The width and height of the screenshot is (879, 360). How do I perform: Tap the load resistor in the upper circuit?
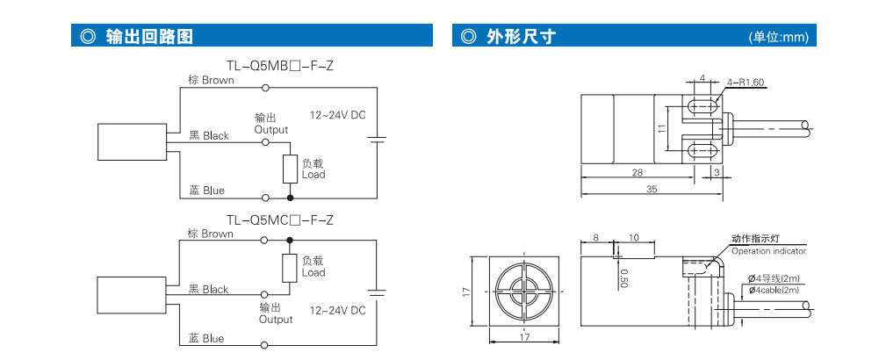pos(290,169)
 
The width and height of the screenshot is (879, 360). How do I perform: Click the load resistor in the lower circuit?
pos(289,268)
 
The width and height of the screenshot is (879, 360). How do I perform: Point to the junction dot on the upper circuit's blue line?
pos(290,198)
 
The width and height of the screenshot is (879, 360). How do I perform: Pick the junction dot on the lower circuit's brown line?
pos(289,240)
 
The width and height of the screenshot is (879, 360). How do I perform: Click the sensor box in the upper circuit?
pos(132,142)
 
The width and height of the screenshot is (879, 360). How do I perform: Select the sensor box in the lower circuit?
pos(132,296)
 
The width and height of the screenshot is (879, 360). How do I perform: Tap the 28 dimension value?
pos(638,172)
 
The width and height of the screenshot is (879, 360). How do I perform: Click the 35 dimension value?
pos(651,190)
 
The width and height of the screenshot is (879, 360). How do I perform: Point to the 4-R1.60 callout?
pos(746,83)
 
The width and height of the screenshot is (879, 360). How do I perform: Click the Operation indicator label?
pos(768,251)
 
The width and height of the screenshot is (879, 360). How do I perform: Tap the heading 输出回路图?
pos(149,37)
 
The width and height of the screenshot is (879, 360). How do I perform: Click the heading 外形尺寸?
pos(522,37)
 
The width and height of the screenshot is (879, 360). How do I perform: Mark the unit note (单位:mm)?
pos(779,37)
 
